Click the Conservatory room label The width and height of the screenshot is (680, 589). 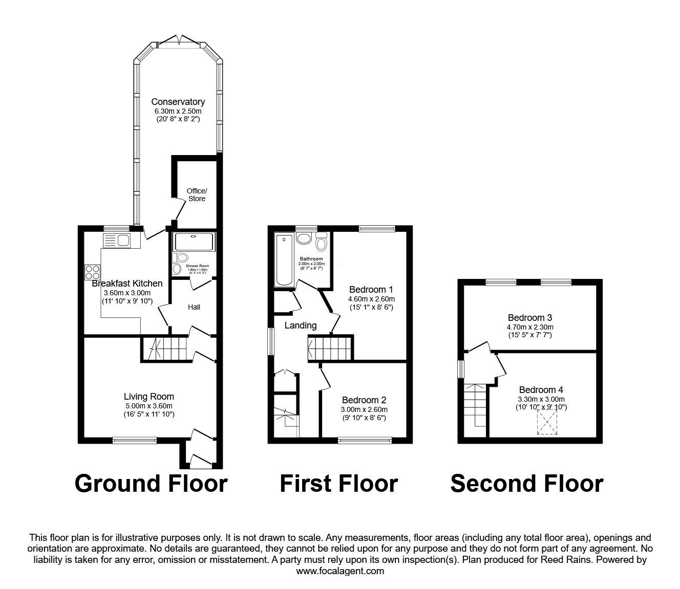click(x=178, y=102)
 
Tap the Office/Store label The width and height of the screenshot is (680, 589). click(x=196, y=195)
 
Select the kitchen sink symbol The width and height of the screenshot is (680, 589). click(x=117, y=239)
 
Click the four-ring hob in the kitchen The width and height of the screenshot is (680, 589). click(x=92, y=271)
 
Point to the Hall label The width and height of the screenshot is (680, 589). click(x=194, y=307)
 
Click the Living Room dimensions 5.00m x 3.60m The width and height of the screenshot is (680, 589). click(x=148, y=406)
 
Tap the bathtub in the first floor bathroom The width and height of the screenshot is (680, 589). click(x=284, y=259)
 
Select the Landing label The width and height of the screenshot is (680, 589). click(x=301, y=325)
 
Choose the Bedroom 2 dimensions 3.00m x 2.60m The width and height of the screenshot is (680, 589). click(x=364, y=409)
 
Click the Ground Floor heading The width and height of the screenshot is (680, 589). click(x=151, y=483)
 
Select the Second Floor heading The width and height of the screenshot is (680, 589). click(x=526, y=483)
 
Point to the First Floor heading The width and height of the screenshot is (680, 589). click(x=338, y=483)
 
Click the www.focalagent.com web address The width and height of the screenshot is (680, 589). click(x=340, y=571)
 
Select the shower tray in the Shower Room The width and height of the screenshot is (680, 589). click(x=195, y=242)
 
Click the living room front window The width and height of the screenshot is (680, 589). click(x=135, y=440)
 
